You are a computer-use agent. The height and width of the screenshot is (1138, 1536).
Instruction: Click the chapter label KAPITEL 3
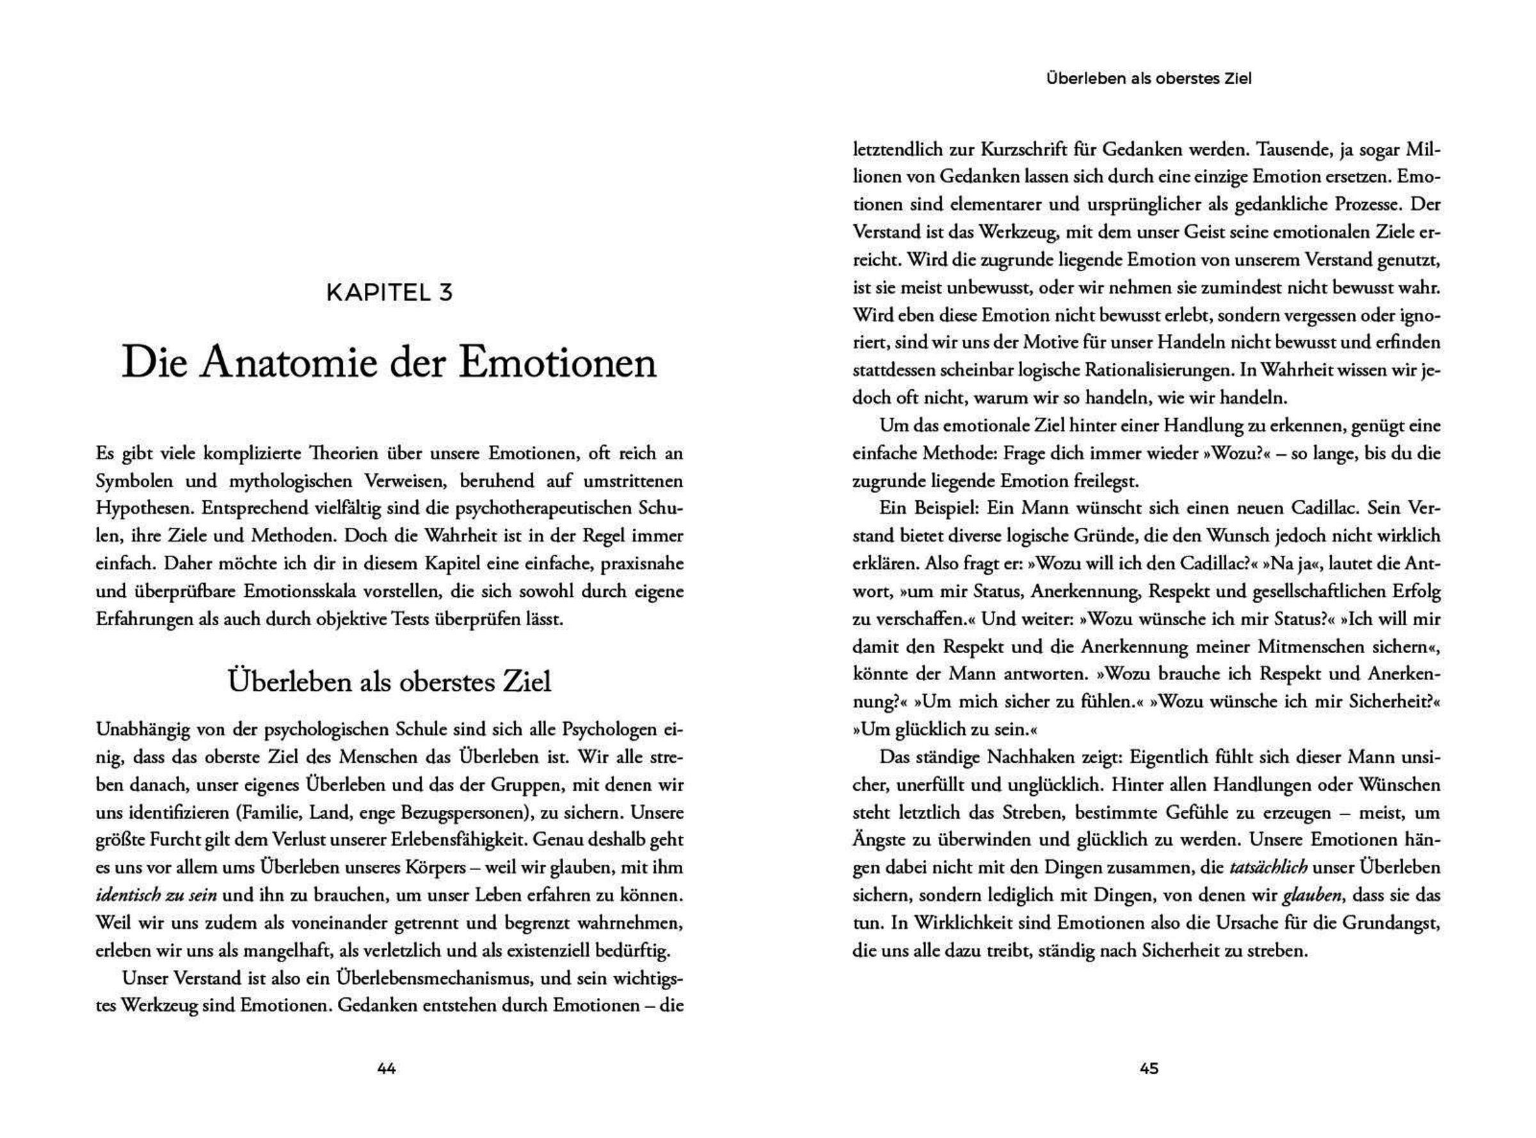(x=389, y=293)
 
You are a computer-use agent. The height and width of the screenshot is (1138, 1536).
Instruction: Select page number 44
(x=387, y=1068)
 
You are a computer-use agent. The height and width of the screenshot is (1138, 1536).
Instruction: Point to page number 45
(x=1149, y=1068)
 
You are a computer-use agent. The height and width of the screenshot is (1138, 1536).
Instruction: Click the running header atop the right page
(x=1149, y=79)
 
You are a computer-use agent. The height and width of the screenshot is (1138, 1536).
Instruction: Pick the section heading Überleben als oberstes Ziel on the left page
(x=389, y=681)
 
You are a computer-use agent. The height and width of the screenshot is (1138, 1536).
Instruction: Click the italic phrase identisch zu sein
(x=156, y=896)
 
